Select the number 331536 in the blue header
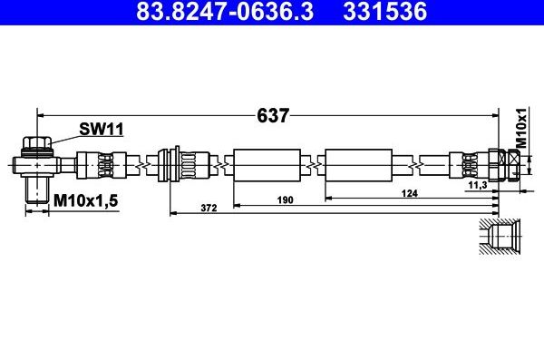pyautogui.click(x=380, y=14)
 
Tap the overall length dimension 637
pyautogui.click(x=272, y=116)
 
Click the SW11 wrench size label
pyautogui.click(x=101, y=130)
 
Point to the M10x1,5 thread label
pyautogui.click(x=85, y=199)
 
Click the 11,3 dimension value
pyautogui.click(x=478, y=185)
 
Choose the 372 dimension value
pyautogui.click(x=208, y=209)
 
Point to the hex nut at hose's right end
pyautogui.click(x=497, y=165)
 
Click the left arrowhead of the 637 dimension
pyautogui.click(x=40, y=116)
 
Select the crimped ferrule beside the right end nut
pyautogui.click(x=467, y=165)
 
